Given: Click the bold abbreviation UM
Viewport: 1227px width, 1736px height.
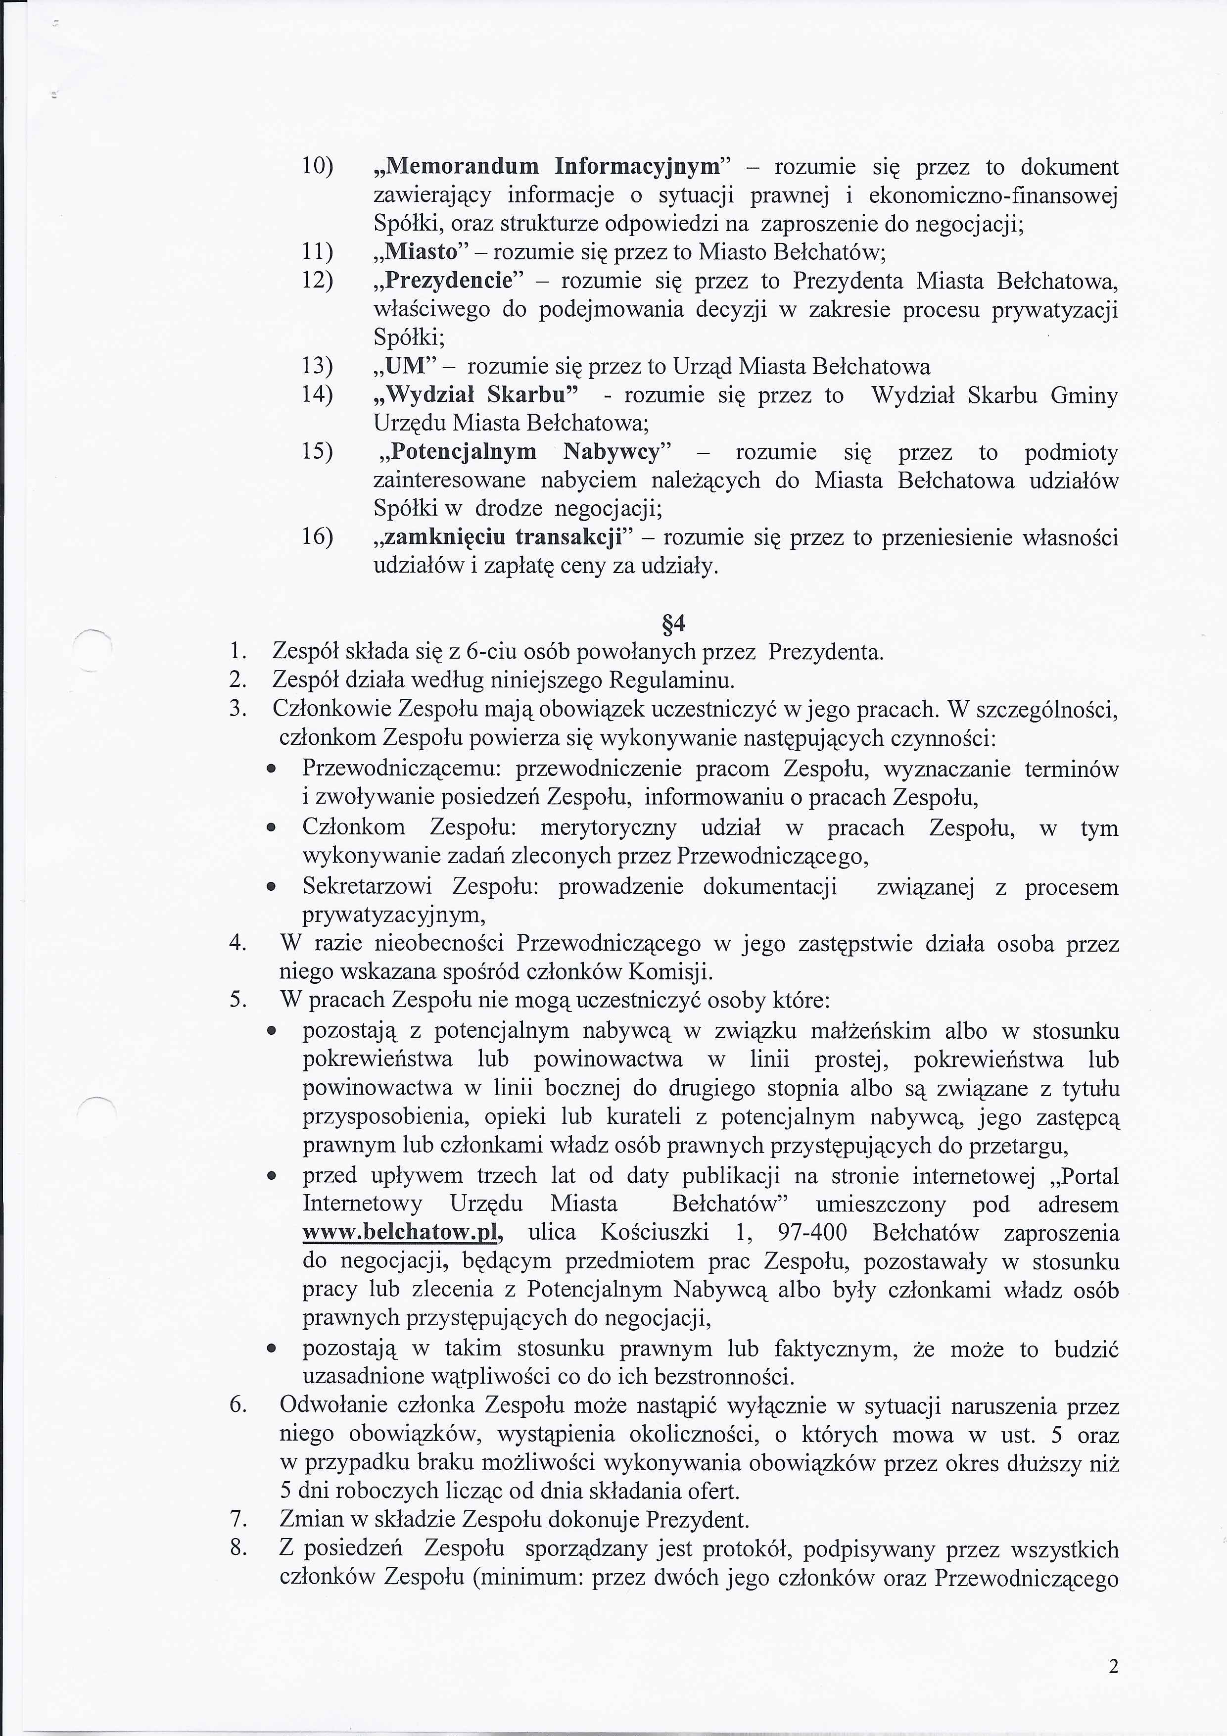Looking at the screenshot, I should pos(407,367).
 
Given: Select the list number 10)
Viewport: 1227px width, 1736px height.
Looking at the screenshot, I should pos(318,166).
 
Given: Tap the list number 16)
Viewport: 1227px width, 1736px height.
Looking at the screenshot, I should pos(318,537).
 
